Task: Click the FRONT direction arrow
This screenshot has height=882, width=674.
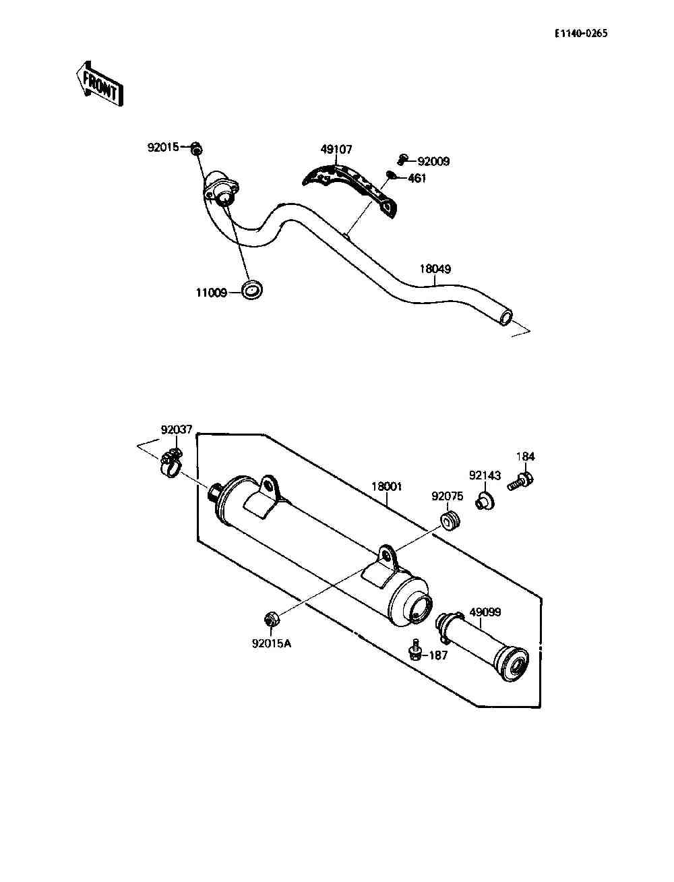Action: coord(99,84)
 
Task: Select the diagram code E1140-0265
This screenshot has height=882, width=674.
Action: coord(581,34)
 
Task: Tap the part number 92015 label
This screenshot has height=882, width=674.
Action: coord(163,148)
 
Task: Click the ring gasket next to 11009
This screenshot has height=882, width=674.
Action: coord(252,290)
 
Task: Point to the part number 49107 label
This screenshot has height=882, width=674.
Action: coord(336,150)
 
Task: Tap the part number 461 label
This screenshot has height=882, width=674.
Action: coord(417,178)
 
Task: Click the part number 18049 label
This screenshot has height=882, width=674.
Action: coord(435,269)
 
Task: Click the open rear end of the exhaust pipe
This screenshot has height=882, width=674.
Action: coord(506,316)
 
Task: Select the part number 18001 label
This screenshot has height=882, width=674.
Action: coord(386,487)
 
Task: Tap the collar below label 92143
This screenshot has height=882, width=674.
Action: coord(485,500)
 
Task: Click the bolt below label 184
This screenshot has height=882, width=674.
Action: coord(520,481)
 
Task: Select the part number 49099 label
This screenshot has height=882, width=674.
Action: coord(485,612)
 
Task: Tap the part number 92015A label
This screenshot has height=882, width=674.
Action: coord(272,643)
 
